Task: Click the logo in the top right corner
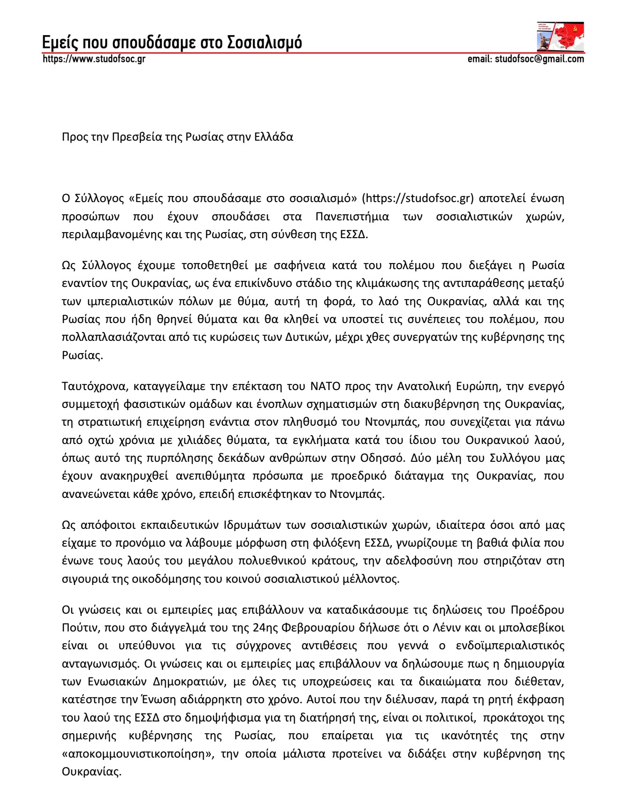pyautogui.click(x=561, y=37)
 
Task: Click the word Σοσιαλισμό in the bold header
pyautogui.click(x=265, y=42)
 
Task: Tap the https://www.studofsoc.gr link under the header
pyautogui.click(x=94, y=59)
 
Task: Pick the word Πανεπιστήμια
pyautogui.click(x=352, y=216)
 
